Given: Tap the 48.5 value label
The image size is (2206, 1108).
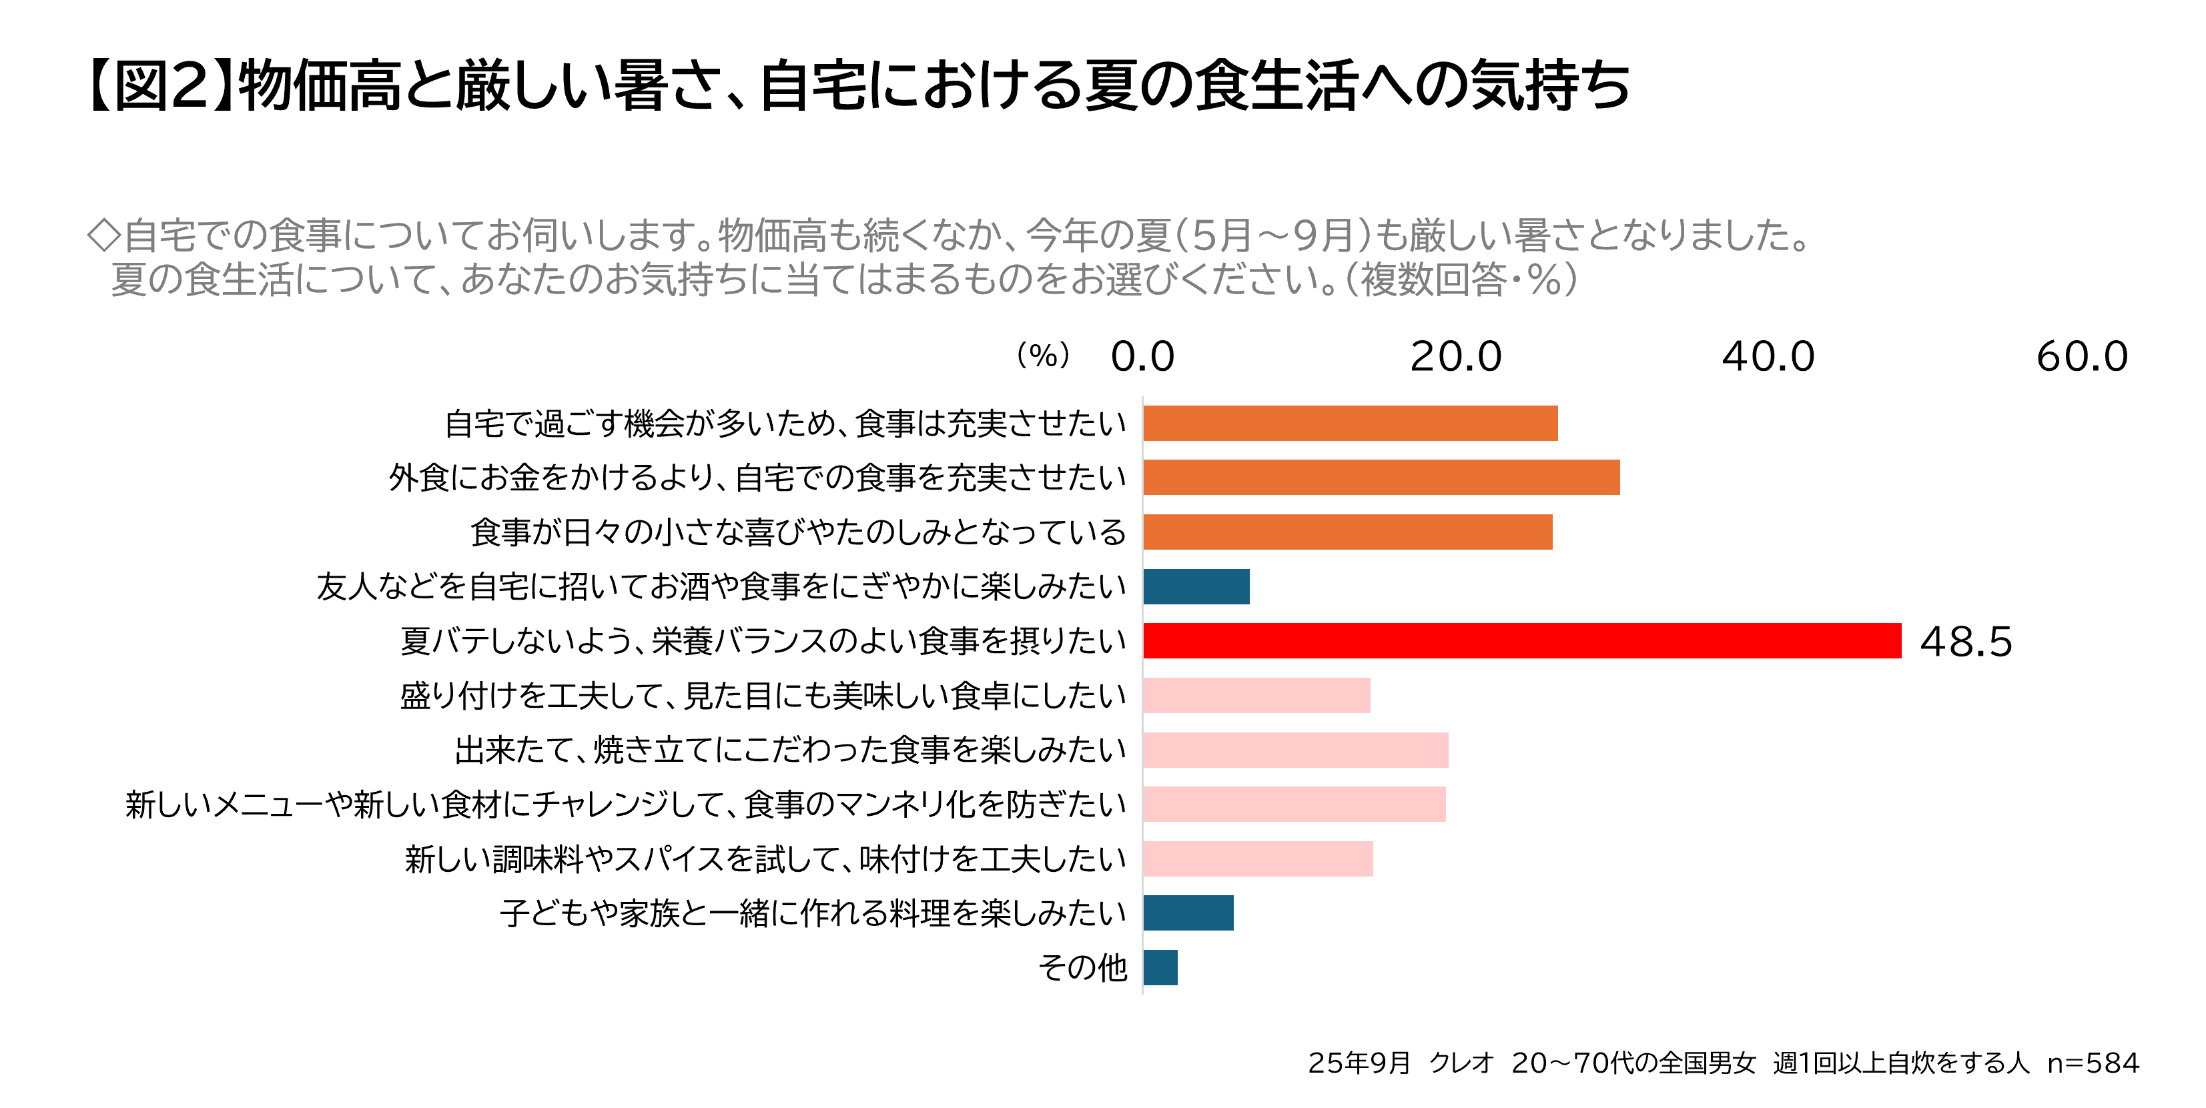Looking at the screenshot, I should tap(1965, 641).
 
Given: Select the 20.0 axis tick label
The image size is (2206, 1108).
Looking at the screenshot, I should tap(1456, 356).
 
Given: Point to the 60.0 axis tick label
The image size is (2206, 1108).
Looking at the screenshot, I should tap(2082, 356).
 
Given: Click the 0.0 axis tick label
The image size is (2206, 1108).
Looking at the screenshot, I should tap(1142, 356).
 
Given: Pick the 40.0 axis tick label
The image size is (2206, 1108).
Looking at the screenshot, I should tap(1768, 356).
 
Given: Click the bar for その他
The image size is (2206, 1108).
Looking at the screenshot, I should tap(1160, 967).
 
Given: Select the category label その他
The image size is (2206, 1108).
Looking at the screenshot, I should tap(1082, 967).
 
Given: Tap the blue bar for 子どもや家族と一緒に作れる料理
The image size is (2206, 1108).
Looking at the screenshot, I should tap(1188, 913).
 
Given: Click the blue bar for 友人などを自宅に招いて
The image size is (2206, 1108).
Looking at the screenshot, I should tap(1196, 586).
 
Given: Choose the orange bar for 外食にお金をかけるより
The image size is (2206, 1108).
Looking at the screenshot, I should tap(1381, 477).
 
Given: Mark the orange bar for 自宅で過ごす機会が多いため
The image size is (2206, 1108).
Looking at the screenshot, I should tap(1351, 423).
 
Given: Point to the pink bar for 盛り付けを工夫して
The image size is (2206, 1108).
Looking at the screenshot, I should tap(1256, 695).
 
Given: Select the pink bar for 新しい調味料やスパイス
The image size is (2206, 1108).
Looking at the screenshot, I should tap(1258, 859).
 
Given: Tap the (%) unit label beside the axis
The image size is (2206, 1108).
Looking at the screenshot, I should tap(1043, 356).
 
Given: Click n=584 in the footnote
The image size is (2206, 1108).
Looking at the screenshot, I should tap(2093, 1063).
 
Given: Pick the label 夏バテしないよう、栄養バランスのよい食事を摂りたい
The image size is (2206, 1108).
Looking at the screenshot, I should tap(763, 641).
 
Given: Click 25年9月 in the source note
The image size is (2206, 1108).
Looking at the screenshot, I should tap(1359, 1063).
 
